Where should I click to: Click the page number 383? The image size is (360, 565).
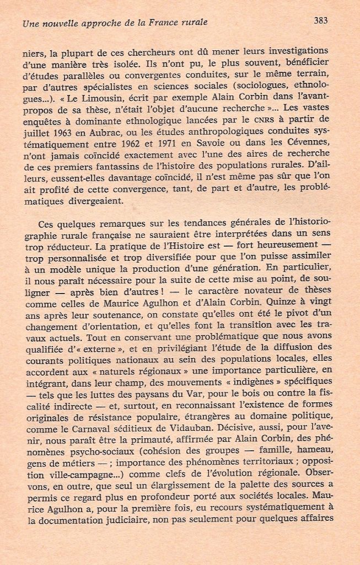point(320,21)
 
